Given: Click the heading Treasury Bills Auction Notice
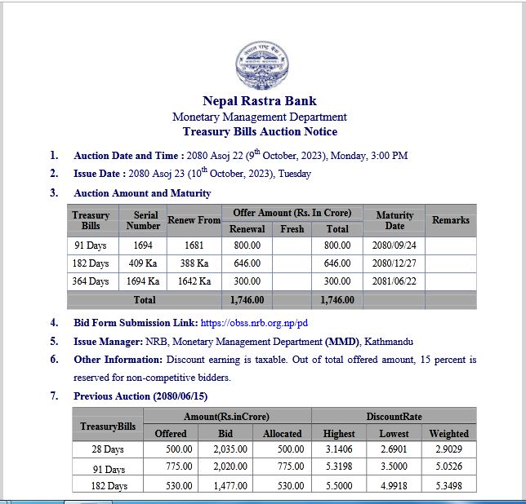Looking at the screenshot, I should (260, 131).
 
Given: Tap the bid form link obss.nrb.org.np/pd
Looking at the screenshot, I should (253, 322).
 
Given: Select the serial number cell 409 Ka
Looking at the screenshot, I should (142, 263).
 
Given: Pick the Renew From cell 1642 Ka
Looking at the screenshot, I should (194, 281).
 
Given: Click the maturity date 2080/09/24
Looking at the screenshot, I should (394, 245).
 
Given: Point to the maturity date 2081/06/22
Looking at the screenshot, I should (394, 281).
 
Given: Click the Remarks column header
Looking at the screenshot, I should (450, 220).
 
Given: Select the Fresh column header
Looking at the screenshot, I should (292, 229).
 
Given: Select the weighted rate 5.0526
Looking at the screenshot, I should (448, 468).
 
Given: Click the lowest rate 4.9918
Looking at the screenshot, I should (394, 486).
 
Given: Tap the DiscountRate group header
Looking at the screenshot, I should (394, 416).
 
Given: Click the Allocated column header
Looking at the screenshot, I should (282, 434).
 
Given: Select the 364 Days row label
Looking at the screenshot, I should (91, 281).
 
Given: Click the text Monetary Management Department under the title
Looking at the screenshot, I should (260, 117).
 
